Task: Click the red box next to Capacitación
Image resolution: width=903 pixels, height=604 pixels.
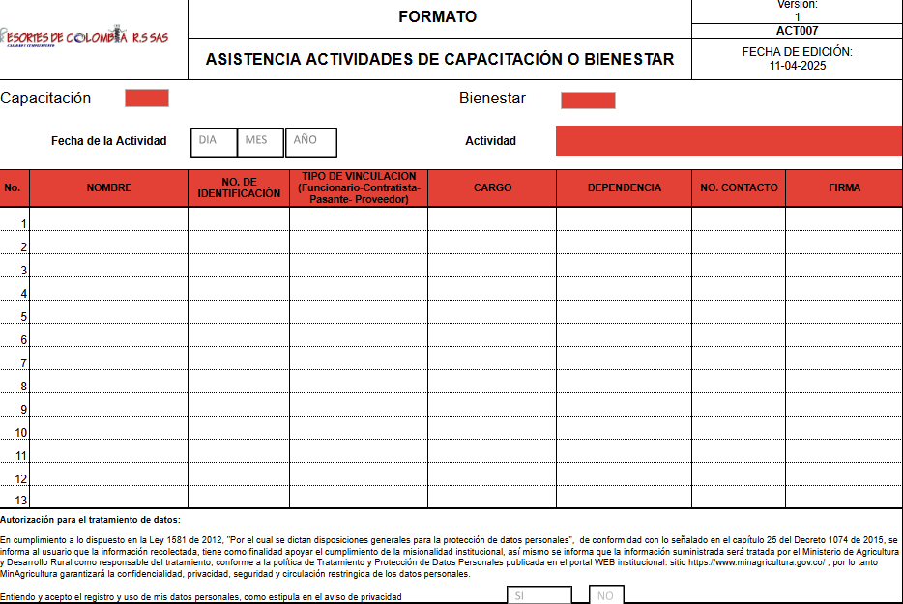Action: [x=147, y=99]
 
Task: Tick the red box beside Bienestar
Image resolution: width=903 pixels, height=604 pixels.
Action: [x=588, y=101]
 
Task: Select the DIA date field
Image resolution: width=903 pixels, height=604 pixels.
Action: [x=210, y=141]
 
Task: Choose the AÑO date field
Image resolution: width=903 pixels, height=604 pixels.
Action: [x=310, y=141]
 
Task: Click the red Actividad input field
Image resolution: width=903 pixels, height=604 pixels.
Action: [x=728, y=141]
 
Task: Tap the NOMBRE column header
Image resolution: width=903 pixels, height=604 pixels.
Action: [x=108, y=187]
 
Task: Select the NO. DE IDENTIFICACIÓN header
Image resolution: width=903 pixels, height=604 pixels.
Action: [x=239, y=187]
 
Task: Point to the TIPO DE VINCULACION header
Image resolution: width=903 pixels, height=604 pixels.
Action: [x=359, y=187]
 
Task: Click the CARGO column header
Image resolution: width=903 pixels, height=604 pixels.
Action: [x=492, y=187]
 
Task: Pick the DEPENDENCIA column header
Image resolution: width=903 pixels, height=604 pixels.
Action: [x=624, y=187]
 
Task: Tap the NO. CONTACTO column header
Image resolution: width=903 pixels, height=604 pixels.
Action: [x=739, y=187]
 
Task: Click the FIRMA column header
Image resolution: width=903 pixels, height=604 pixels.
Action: [x=844, y=187]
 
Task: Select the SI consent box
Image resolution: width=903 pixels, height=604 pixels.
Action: [x=539, y=595]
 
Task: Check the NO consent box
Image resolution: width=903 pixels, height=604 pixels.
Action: [x=606, y=595]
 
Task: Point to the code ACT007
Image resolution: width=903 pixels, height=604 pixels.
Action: [x=797, y=31]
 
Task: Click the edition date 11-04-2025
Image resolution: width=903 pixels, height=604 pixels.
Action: [x=798, y=66]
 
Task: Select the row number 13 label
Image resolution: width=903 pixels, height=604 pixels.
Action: [x=21, y=500]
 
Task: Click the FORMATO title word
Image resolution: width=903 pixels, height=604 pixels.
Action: [x=438, y=17]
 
